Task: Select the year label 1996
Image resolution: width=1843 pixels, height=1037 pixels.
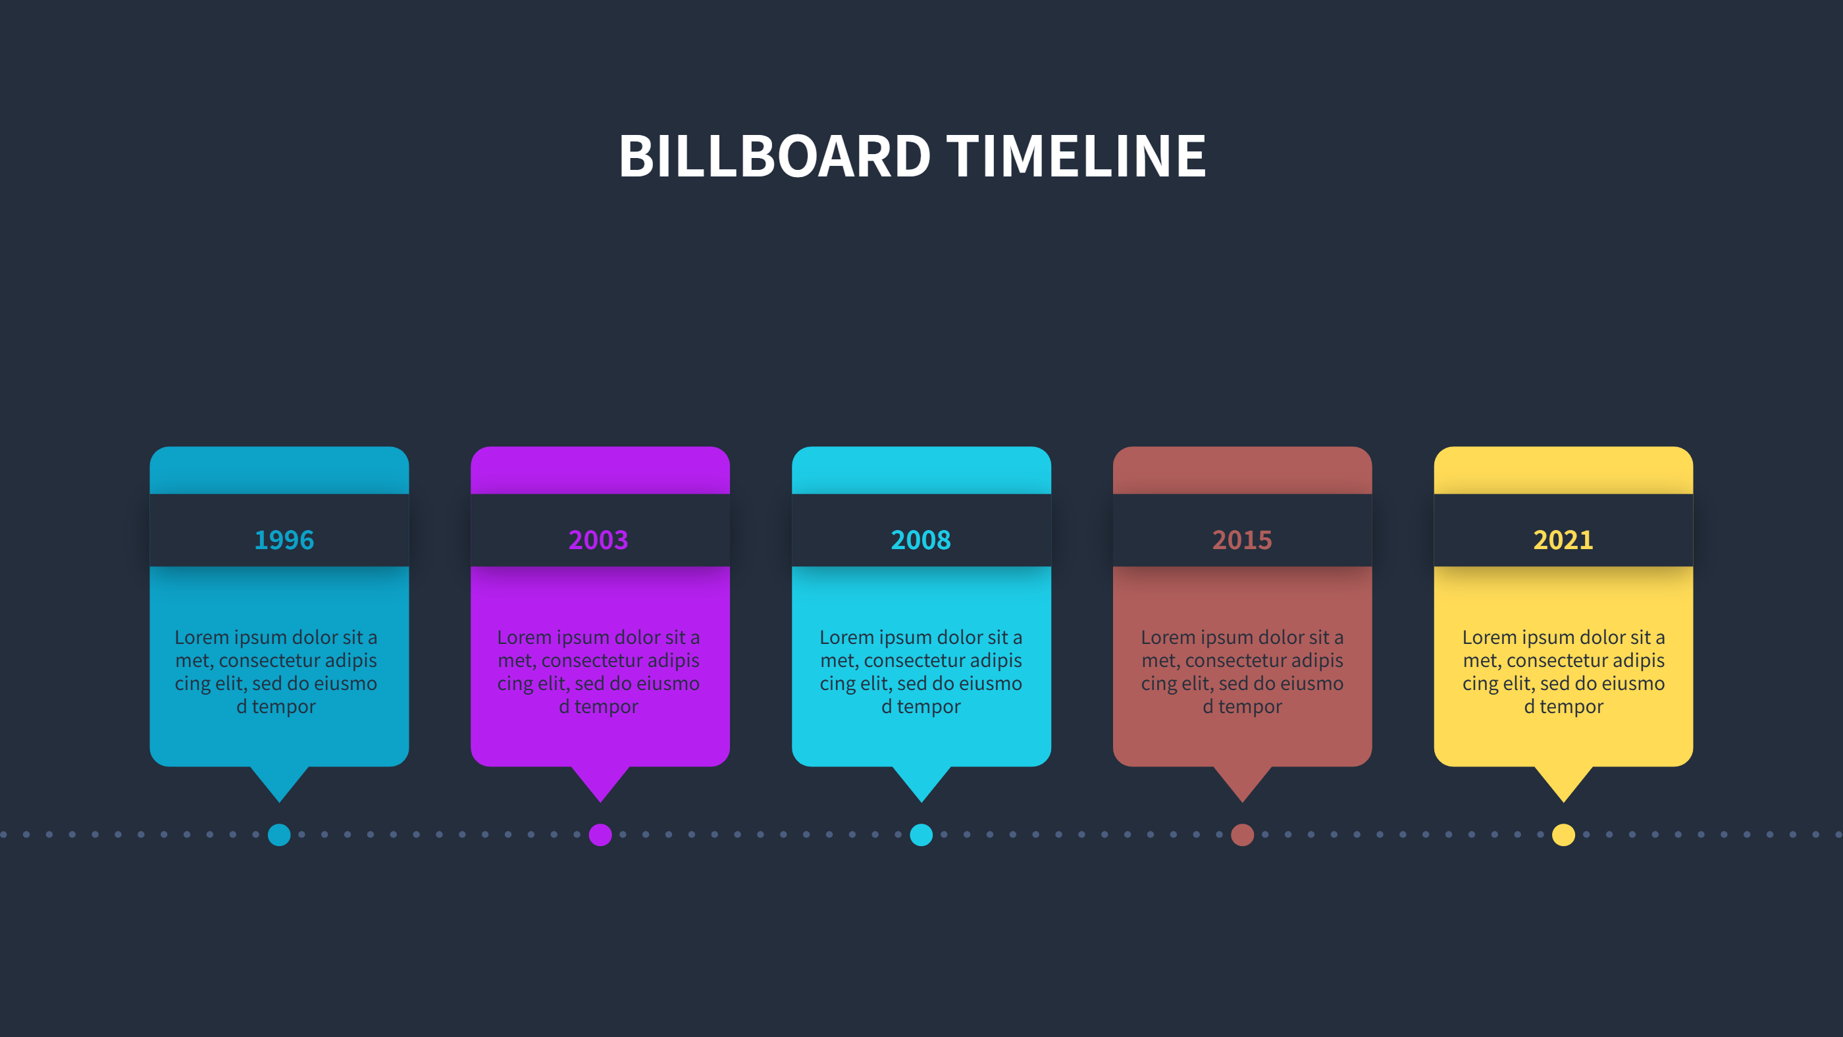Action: click(x=284, y=540)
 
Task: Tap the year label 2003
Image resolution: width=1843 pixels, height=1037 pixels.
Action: click(x=598, y=540)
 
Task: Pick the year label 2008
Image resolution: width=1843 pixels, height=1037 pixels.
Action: click(x=921, y=540)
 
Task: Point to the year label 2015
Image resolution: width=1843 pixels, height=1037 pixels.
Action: click(x=1242, y=540)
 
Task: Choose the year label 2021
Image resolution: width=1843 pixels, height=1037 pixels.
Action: click(x=1563, y=540)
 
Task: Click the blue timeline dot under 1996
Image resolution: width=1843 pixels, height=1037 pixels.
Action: click(x=279, y=834)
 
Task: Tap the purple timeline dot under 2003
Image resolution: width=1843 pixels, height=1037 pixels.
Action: click(x=600, y=834)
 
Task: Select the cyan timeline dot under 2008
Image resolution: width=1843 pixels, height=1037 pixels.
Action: click(x=921, y=834)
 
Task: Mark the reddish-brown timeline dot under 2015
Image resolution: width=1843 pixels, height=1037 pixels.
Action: click(x=1243, y=834)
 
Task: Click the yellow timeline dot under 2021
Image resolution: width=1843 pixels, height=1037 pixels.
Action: click(x=1564, y=834)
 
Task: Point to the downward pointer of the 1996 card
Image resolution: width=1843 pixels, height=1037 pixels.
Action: click(x=280, y=782)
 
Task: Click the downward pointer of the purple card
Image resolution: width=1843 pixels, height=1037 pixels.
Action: click(x=600, y=782)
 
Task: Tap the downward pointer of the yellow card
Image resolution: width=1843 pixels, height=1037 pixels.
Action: click(x=1564, y=782)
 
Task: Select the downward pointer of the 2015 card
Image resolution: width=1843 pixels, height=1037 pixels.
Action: click(x=1243, y=782)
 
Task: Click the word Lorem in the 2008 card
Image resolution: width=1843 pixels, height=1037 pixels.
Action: click(x=847, y=637)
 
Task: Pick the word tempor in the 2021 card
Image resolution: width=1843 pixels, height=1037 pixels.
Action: click(x=1571, y=706)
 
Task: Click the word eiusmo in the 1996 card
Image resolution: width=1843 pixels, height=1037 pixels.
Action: click(x=346, y=683)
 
